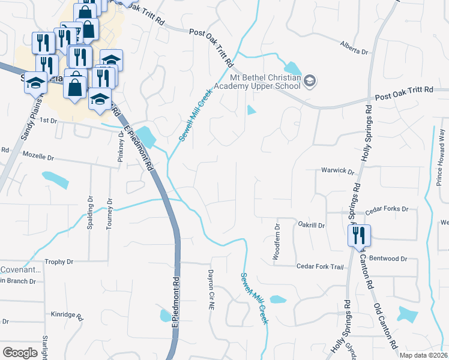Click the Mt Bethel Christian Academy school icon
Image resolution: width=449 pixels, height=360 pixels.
tap(310, 81)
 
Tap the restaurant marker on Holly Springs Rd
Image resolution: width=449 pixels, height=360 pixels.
tap(359, 236)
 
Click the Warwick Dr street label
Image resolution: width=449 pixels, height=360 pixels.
tap(337, 170)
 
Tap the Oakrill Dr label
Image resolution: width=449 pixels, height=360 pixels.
tap(311, 226)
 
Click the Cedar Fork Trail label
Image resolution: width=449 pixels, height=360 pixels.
tap(319, 267)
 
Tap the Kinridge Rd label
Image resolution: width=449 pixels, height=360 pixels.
tap(66, 314)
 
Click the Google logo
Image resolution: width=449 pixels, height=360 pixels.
tap(20, 352)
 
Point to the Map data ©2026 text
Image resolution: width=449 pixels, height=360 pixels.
tap(423, 355)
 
